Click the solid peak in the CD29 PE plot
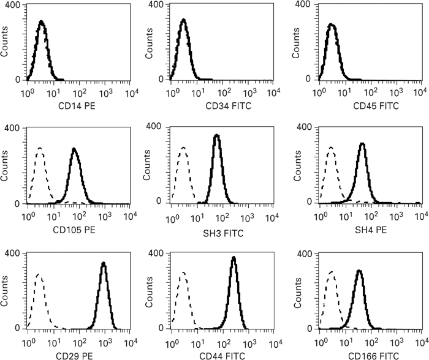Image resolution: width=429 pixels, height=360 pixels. tap(104, 264)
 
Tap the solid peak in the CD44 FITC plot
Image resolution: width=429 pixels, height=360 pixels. tap(233, 258)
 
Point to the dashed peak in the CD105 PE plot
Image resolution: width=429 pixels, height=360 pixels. tap(40, 149)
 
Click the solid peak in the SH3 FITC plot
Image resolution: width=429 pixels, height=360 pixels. tap(216, 136)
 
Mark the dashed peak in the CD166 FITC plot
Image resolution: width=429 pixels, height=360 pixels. tap(332, 272)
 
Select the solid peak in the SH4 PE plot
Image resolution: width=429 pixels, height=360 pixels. tap(362, 144)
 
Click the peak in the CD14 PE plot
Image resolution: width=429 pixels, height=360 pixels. tap(41, 22)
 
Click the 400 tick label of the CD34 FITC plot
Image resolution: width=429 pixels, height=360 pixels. tap(156, 4)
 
